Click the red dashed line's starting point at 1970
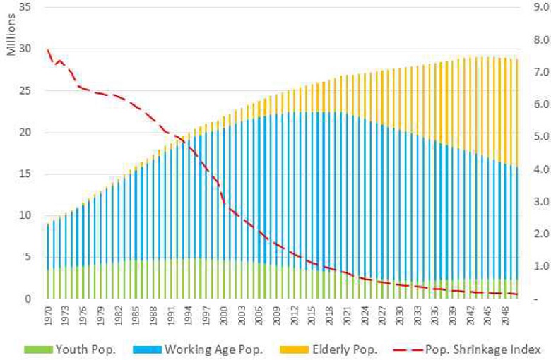(x=47, y=49)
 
